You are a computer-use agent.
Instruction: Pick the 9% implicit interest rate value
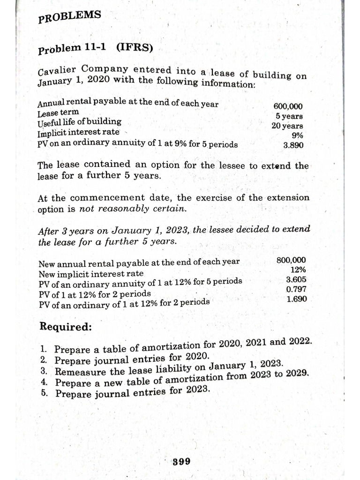tap(297, 135)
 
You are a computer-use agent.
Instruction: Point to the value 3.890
tap(293, 145)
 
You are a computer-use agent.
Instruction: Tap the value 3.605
tap(296, 280)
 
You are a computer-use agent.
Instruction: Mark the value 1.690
tap(297, 299)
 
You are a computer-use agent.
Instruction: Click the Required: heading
tap(66, 326)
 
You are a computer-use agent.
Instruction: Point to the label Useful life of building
tap(79, 122)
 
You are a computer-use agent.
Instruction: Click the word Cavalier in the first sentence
tap(55, 72)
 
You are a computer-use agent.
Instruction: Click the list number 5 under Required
tap(43, 393)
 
